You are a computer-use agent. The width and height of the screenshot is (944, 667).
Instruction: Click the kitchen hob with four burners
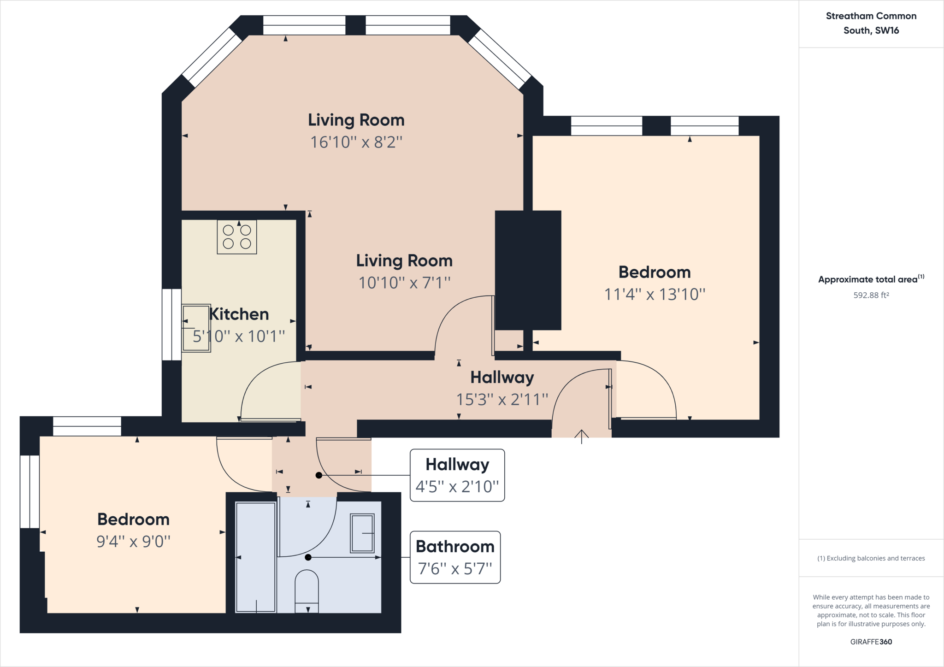(237, 237)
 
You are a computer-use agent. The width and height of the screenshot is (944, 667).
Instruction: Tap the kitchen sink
(196, 328)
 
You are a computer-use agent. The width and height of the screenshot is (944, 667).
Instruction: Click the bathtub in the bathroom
(256, 557)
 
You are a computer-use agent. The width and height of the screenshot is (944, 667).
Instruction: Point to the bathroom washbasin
(362, 533)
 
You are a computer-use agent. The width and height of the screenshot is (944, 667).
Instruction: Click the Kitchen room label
(239, 314)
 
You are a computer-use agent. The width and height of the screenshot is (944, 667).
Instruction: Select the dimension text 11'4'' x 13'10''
(655, 294)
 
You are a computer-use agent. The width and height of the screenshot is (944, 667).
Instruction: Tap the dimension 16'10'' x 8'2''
(356, 142)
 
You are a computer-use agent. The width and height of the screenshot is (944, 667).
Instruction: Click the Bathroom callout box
(455, 557)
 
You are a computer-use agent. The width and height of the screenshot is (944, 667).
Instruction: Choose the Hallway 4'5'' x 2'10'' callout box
(457, 475)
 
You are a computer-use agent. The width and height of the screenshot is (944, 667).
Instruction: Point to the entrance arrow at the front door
(582, 437)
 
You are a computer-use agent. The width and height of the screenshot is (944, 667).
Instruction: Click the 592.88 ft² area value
(871, 295)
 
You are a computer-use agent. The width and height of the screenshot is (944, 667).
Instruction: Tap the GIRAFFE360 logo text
(871, 642)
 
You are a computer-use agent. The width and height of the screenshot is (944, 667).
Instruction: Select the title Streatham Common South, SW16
(871, 23)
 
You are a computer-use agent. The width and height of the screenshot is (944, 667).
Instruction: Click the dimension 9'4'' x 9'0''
(133, 541)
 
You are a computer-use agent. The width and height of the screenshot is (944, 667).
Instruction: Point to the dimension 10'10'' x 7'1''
(404, 283)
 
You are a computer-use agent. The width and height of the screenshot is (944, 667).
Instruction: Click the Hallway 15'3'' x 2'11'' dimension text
(502, 399)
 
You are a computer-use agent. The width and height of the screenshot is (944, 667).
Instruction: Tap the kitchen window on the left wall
(171, 325)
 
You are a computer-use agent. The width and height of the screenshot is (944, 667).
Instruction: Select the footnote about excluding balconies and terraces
(871, 558)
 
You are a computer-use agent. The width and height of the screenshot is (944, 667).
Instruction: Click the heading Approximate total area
(871, 279)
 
